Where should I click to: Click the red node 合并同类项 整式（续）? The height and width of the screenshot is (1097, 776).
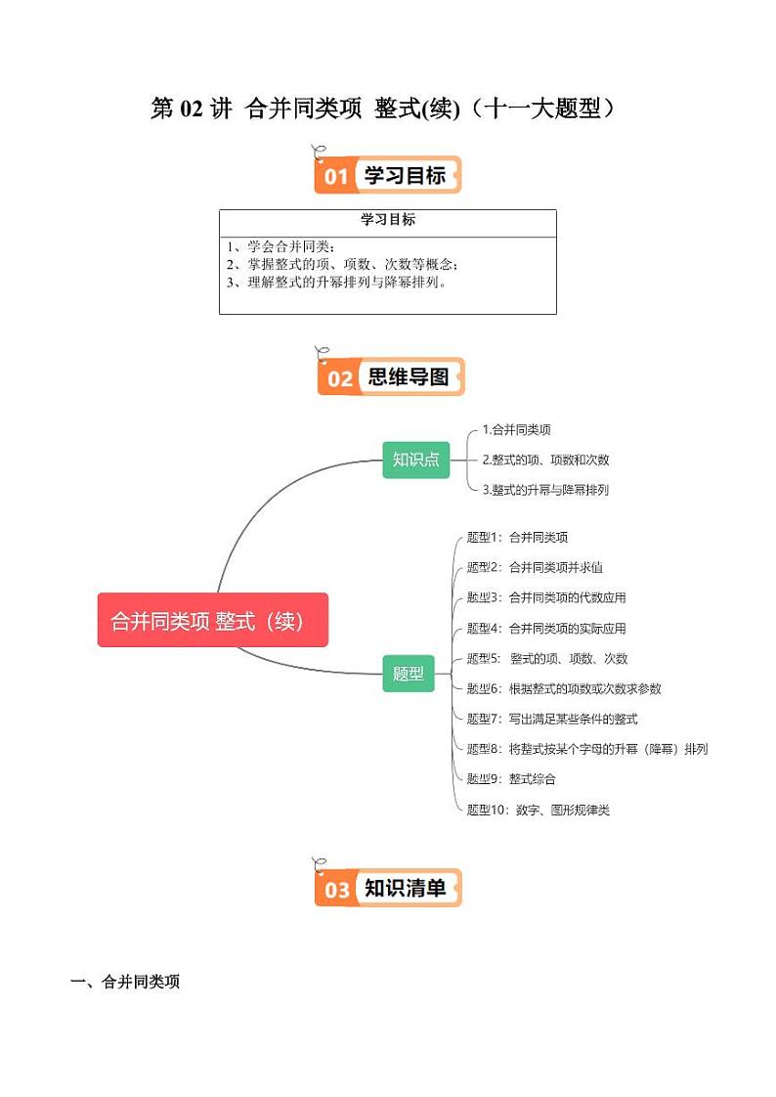(x=212, y=620)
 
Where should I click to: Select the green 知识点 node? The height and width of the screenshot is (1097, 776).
(x=415, y=459)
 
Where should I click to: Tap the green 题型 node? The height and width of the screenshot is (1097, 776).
(x=408, y=673)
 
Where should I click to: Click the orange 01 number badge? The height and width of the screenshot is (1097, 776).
(x=336, y=176)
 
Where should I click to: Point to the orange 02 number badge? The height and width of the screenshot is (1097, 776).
(x=339, y=377)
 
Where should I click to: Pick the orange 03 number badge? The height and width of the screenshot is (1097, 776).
(x=336, y=889)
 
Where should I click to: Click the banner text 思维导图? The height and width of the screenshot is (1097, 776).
(x=408, y=376)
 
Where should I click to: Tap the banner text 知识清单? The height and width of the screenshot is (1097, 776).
(x=405, y=888)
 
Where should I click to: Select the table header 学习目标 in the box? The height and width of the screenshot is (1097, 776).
(x=388, y=220)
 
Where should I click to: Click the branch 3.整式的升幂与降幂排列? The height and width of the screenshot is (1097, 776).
(x=545, y=490)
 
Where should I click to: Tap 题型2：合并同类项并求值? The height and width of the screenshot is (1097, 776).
(x=535, y=567)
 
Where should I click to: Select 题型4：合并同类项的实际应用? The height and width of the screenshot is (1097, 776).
(x=546, y=629)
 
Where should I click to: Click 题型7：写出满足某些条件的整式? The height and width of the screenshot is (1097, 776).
(x=552, y=719)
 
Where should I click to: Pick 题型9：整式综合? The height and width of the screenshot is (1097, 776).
(x=511, y=779)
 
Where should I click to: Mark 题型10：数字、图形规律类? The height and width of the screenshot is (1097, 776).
(x=539, y=810)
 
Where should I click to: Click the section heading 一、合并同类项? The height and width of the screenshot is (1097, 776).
(x=125, y=983)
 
